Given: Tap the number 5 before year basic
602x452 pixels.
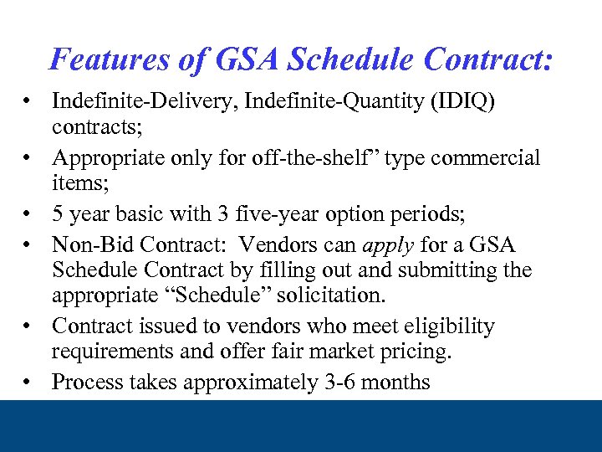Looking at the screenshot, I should tap(58, 214).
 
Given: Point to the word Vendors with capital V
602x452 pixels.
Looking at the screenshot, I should tap(273, 245).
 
